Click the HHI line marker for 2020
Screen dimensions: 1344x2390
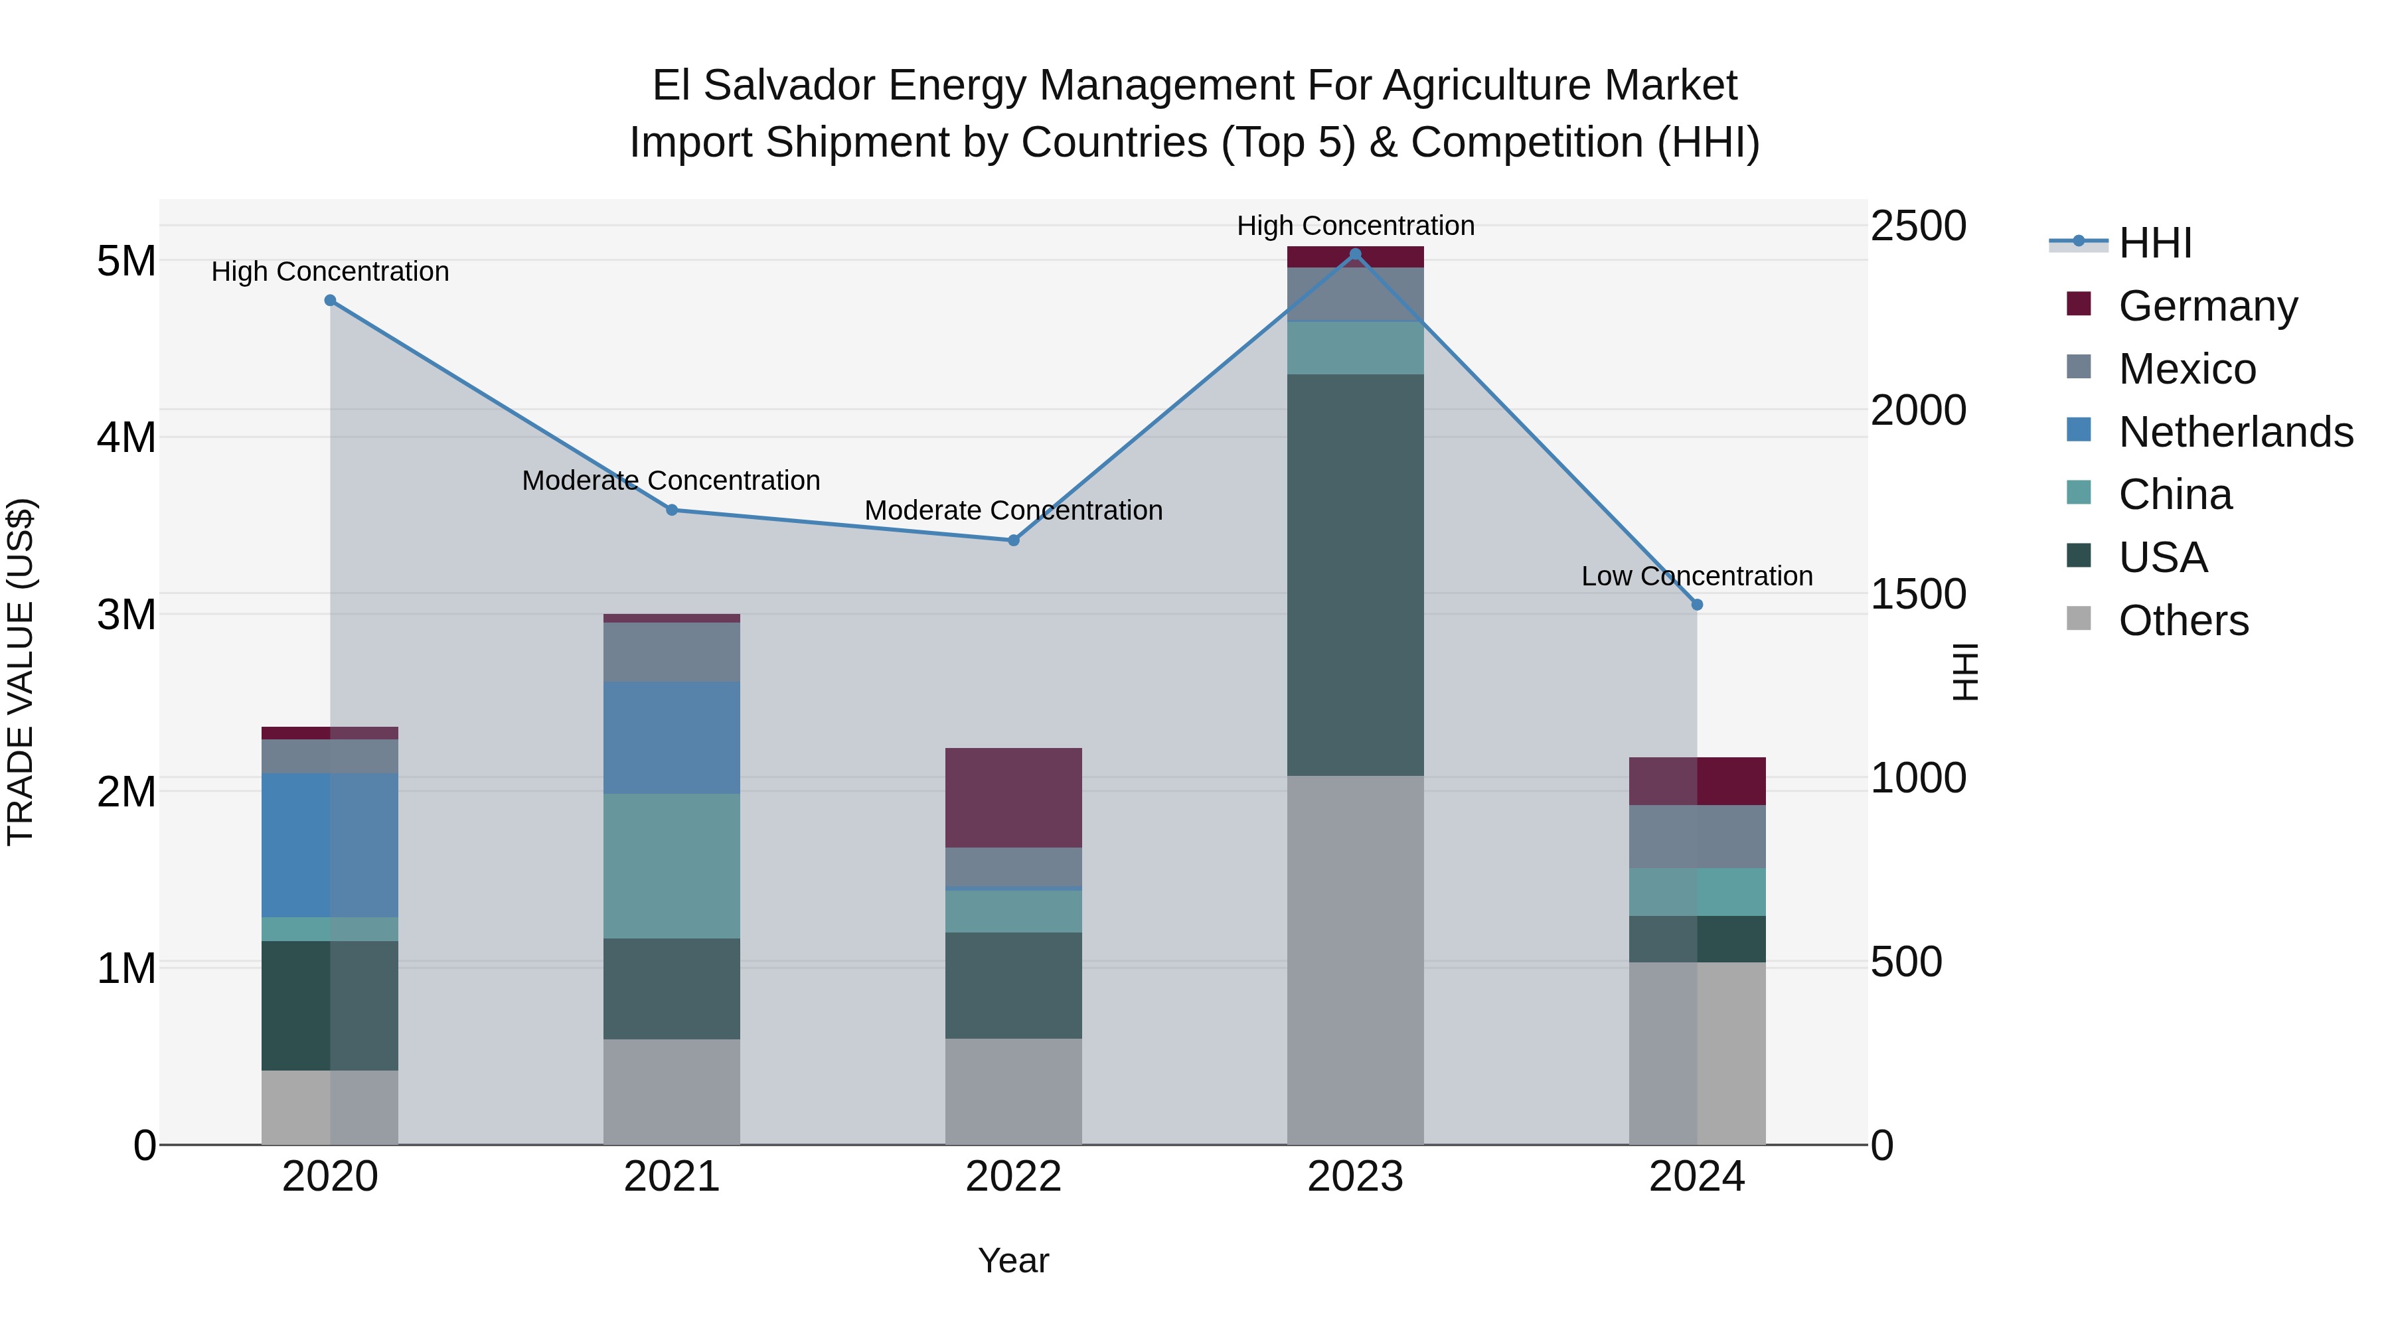pos(331,301)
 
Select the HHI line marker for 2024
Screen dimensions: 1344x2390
pos(1697,605)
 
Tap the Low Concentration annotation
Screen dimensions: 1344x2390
pos(1696,576)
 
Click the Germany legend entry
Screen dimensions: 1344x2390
pos(2207,306)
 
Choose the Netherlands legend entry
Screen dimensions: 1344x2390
pos(2235,432)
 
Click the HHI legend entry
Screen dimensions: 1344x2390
pos(2154,243)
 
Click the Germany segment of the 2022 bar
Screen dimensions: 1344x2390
pos(1013,798)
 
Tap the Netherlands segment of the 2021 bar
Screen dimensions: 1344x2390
pos(672,737)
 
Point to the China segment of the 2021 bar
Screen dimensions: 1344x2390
pos(672,865)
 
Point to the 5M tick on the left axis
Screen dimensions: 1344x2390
pos(126,261)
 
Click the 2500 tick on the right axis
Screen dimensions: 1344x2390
pos(1918,226)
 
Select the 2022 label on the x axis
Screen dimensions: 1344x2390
pos(1013,1177)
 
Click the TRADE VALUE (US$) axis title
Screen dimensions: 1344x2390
pos(21,672)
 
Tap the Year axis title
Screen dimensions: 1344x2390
pos(1013,1260)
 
